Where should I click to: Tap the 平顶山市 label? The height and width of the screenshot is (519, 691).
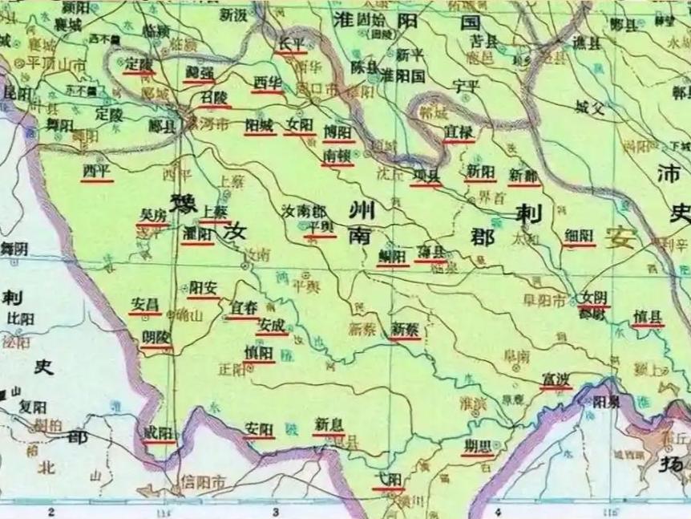pyautogui.click(x=57, y=63)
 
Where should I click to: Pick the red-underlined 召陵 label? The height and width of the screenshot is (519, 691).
pyautogui.click(x=214, y=97)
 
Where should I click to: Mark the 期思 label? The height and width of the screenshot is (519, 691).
pyautogui.click(x=477, y=446)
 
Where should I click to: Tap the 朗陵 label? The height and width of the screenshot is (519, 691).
pyautogui.click(x=156, y=338)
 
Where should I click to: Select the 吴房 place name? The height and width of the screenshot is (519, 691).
pyautogui.click(x=152, y=215)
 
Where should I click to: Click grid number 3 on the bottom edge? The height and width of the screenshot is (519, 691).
pyautogui.click(x=275, y=510)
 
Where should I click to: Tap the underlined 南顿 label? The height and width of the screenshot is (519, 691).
pyautogui.click(x=337, y=154)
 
